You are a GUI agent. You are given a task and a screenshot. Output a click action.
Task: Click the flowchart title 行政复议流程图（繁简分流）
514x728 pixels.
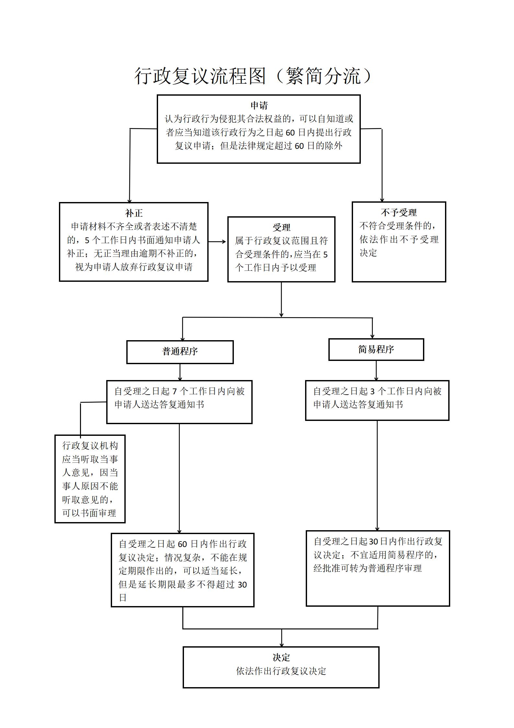coord(253,77)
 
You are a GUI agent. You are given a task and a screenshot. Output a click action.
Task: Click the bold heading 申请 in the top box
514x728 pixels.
coord(259,105)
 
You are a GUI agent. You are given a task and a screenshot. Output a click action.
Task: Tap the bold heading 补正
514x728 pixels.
coord(134,213)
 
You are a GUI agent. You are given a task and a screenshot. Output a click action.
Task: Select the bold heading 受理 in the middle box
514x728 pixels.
coord(281,227)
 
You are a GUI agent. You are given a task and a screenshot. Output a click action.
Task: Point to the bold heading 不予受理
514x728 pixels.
coord(399,213)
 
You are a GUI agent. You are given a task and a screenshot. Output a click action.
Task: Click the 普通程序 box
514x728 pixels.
coord(180,352)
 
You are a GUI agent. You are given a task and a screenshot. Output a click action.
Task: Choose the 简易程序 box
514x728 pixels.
coord(376,350)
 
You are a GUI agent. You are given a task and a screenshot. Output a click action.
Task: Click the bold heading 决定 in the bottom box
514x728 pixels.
coord(281,657)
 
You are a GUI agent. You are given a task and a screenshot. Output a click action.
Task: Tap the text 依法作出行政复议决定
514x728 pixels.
coord(281,671)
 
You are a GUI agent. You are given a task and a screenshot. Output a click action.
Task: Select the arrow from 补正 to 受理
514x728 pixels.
coord(217,242)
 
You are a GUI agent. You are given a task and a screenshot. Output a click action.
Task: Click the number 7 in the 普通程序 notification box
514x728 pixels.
coord(175,392)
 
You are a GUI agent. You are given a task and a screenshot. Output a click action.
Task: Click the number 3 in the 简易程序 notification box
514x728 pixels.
coord(372,392)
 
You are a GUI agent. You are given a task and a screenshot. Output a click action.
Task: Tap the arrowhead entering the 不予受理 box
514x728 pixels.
coord(382,199)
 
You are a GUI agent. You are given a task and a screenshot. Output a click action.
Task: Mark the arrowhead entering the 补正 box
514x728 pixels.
coord(130,200)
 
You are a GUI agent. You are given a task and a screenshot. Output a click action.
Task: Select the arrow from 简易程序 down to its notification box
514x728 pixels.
coord(376,370)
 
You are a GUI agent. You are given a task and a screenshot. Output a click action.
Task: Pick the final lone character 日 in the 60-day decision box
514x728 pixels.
coord(122,597)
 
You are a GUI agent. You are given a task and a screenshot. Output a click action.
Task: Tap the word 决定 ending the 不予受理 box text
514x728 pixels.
coord(368,253)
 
